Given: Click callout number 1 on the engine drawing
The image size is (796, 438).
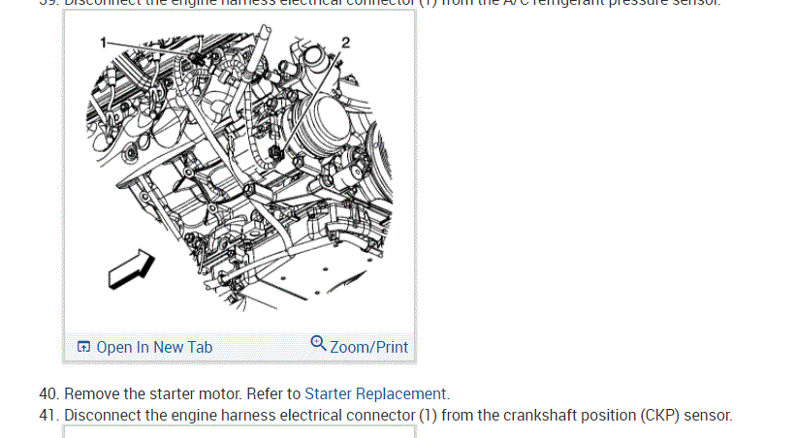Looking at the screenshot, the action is tap(103, 43).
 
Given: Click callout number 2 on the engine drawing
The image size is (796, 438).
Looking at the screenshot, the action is tap(345, 41).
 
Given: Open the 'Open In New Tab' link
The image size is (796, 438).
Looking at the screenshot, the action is tap(153, 347).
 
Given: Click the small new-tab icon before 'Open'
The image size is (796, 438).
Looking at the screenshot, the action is tap(84, 347).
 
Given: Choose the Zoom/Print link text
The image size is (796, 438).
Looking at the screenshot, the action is tap(368, 347).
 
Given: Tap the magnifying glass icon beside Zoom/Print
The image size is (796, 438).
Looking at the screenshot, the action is tap(318, 344).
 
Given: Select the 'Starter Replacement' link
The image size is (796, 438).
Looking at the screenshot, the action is tap(376, 394).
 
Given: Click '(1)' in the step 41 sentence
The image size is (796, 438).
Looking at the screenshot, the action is tap(430, 416).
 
